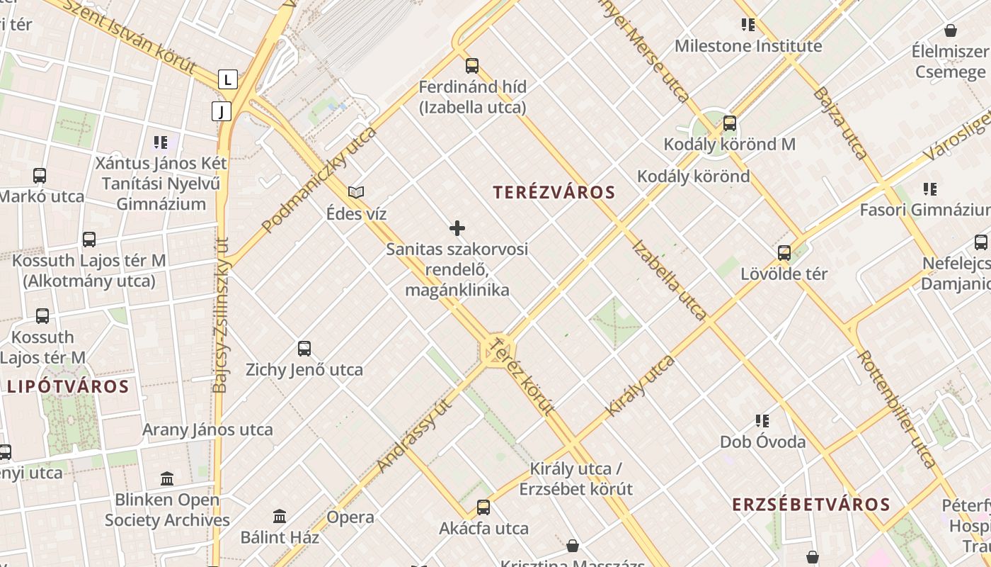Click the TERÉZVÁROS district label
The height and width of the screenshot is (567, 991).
[554, 192]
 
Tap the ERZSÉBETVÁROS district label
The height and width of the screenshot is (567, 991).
[810, 505]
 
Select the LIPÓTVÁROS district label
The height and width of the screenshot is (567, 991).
[68, 387]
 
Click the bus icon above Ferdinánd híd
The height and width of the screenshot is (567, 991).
[472, 66]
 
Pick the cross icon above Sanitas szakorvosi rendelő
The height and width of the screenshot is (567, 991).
[457, 228]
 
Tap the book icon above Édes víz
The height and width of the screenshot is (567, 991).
[356, 192]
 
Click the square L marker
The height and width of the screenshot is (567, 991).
[227, 79]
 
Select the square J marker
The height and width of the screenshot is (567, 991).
[222, 111]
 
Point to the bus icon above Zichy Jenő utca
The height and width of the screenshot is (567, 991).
[304, 348]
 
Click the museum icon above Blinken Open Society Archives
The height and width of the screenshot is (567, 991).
[167, 478]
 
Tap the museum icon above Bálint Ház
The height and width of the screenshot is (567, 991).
[280, 516]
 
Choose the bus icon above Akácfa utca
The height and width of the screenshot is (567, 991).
[483, 507]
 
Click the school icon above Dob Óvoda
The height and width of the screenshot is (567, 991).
[762, 421]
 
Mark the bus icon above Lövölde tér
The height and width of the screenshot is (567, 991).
[784, 252]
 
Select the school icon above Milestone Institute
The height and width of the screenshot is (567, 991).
[748, 26]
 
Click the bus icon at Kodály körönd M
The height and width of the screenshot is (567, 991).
[730, 123]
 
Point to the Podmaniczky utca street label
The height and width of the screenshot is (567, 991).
[319, 180]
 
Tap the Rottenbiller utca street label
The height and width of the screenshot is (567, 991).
[897, 408]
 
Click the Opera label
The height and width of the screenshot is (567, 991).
[350, 517]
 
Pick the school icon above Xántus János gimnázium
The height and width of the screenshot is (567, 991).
[161, 142]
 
